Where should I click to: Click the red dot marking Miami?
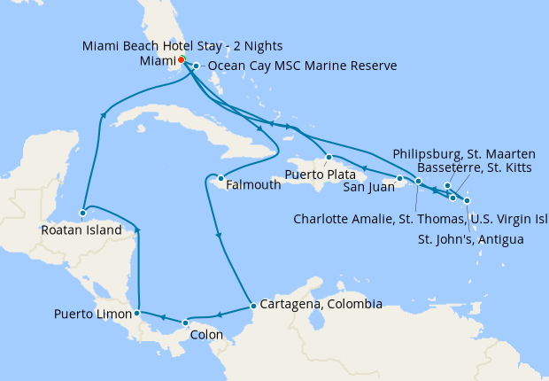click(180, 60)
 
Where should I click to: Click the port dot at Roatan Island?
click(81, 214)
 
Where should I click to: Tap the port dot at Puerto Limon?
click(136, 313)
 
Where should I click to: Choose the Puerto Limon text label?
click(92, 314)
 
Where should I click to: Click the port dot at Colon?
click(184, 323)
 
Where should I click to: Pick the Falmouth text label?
click(254, 185)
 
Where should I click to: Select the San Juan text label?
click(367, 185)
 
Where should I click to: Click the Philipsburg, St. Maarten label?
click(463, 150)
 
